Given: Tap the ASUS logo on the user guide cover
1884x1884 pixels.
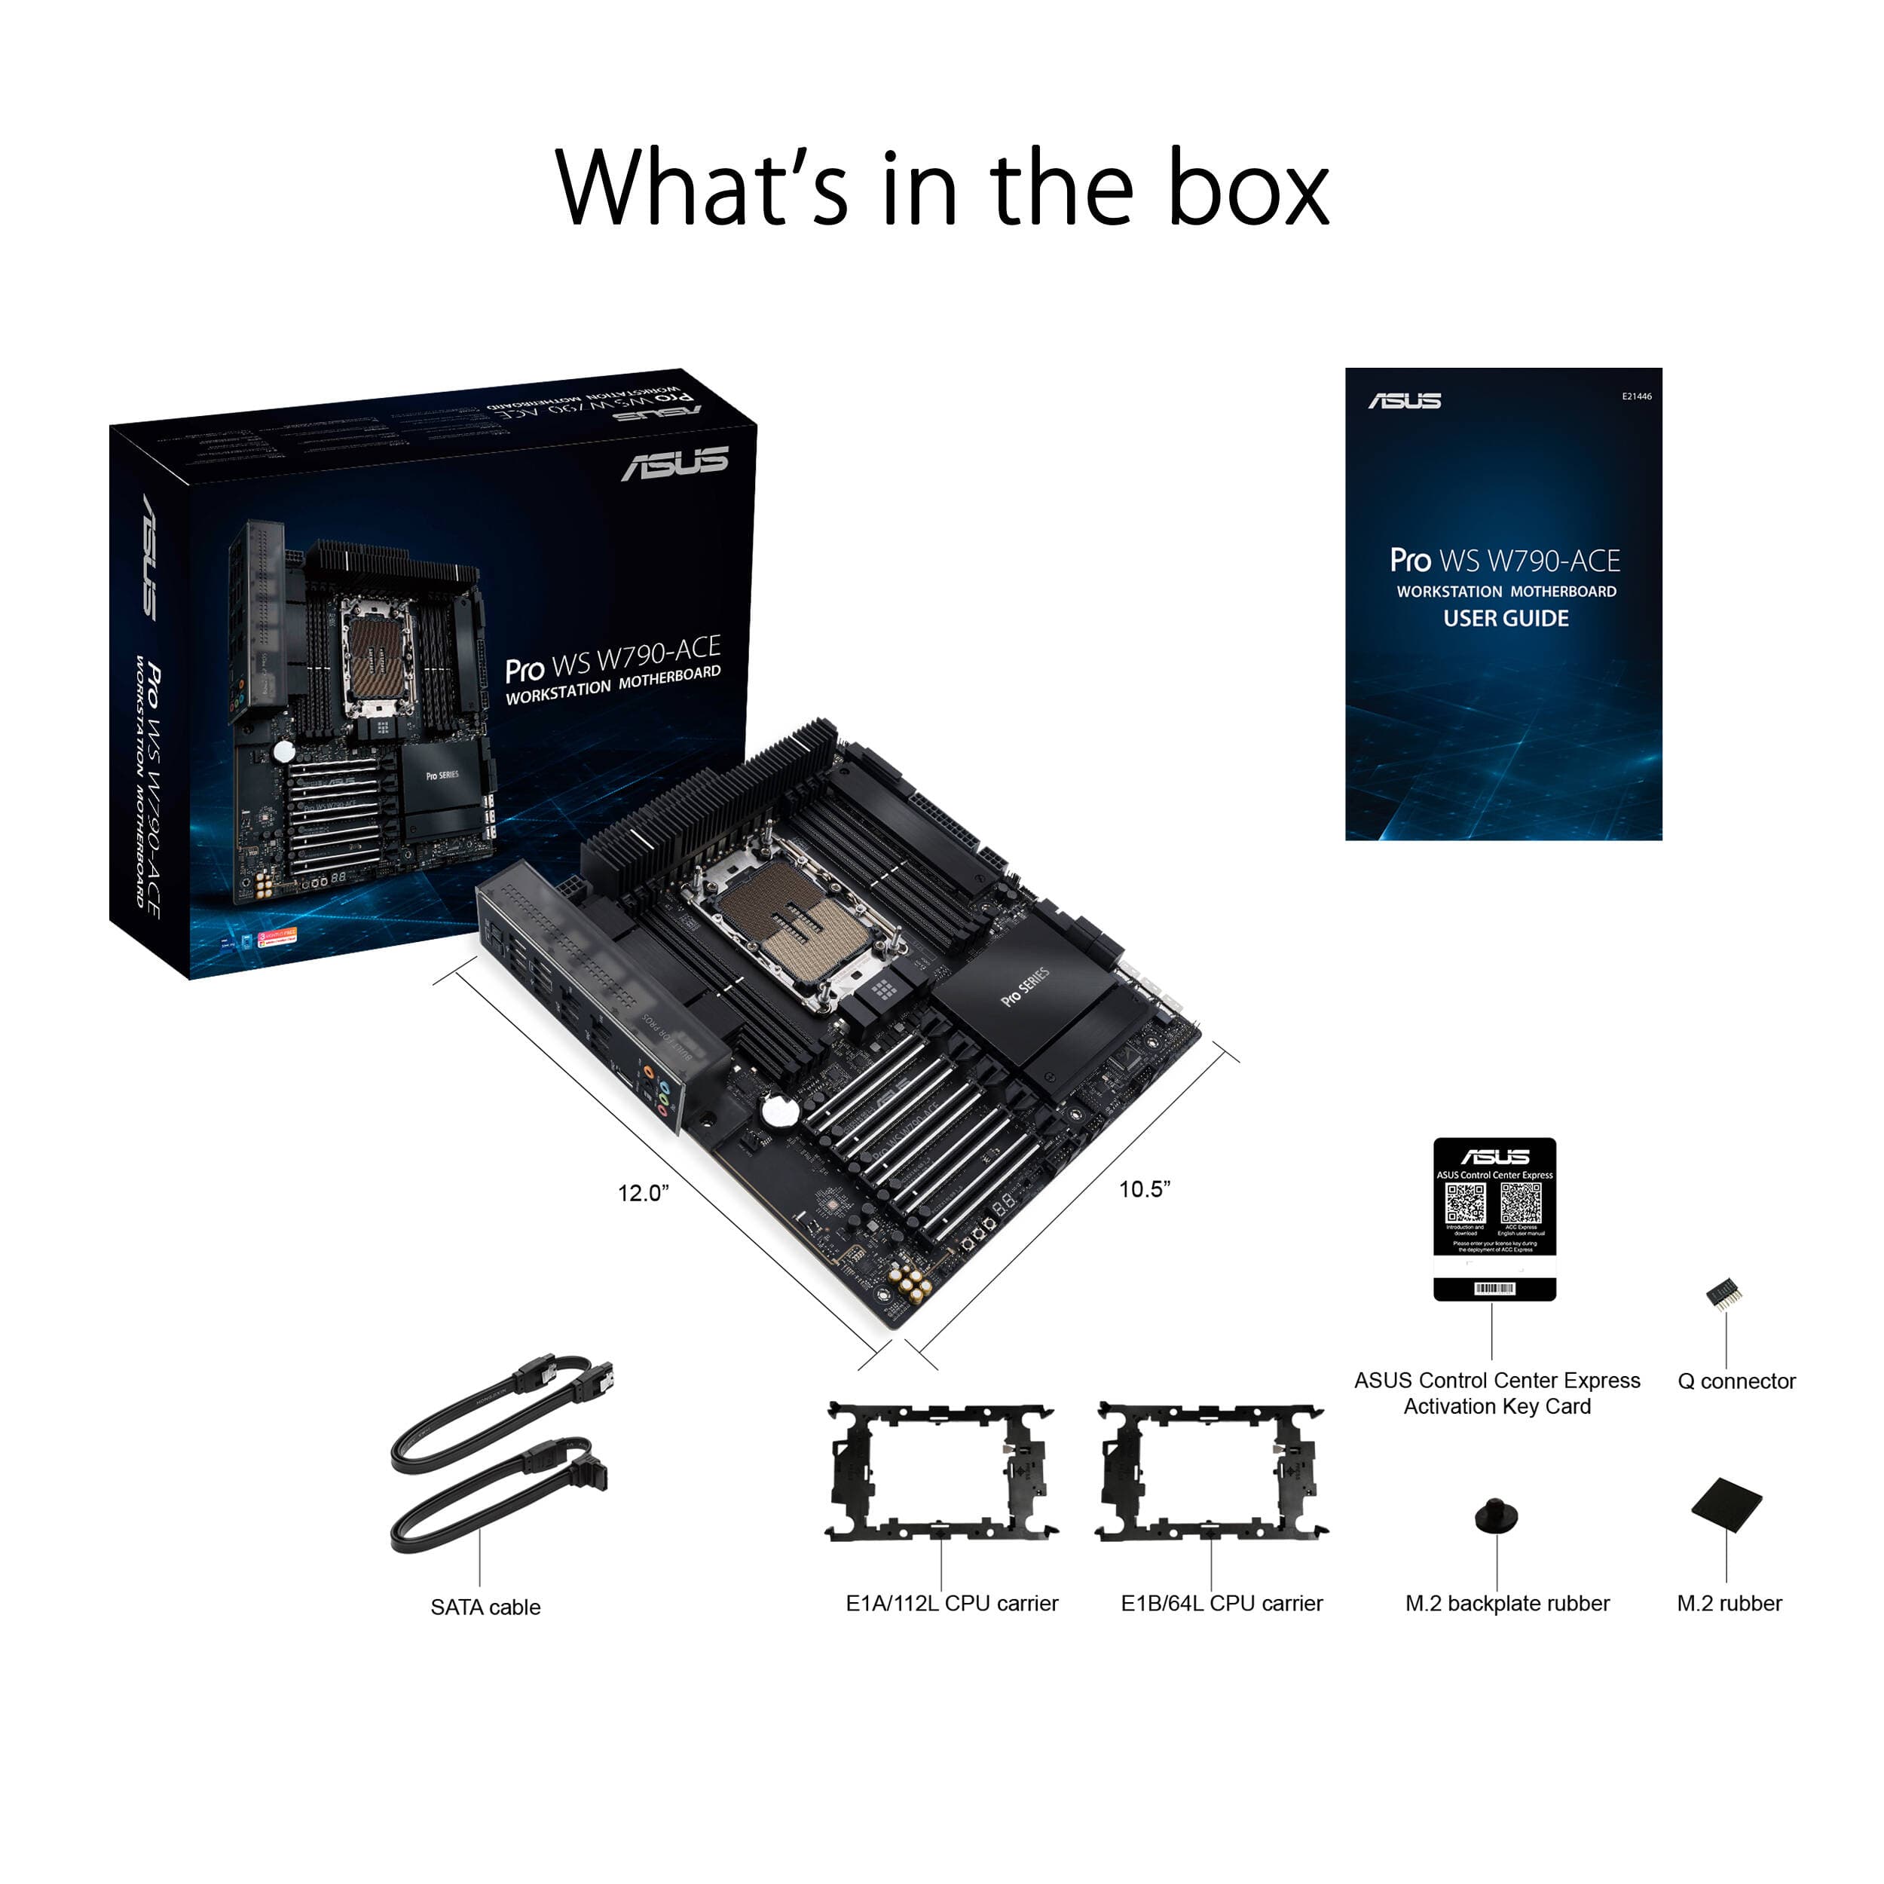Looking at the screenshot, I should pyautogui.click(x=1403, y=401).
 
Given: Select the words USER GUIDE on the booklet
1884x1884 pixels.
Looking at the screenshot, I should pyautogui.click(x=1506, y=618).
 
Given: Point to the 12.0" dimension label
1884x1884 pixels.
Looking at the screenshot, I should pyautogui.click(x=643, y=1194).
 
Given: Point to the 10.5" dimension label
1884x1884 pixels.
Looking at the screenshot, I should pyautogui.click(x=1144, y=1188).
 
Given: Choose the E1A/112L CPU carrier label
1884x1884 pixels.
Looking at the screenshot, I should pyautogui.click(x=951, y=1603).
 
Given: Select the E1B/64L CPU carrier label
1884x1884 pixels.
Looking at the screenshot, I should pyautogui.click(x=1221, y=1603).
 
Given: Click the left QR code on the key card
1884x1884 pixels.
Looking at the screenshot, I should pyautogui.click(x=1465, y=1204).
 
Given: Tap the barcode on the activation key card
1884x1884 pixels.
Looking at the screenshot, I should pyautogui.click(x=1494, y=1289).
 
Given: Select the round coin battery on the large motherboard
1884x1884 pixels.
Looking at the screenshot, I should pyautogui.click(x=780, y=1110).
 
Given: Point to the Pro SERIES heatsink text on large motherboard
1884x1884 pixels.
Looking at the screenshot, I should pyautogui.click(x=1025, y=988).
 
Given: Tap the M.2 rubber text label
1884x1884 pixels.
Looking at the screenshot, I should pyautogui.click(x=1729, y=1603).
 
